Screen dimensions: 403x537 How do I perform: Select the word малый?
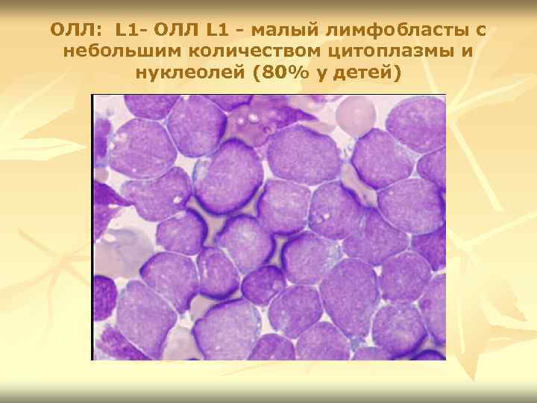278,31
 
